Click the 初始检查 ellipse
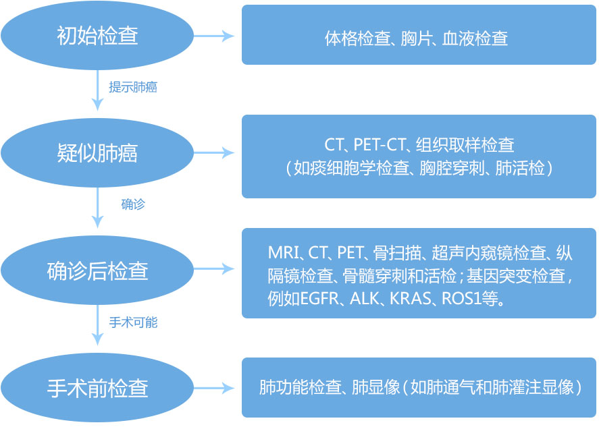click(x=97, y=35)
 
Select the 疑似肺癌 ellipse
click(x=97, y=153)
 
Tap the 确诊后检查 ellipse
click(x=97, y=271)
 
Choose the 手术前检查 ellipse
click(x=97, y=388)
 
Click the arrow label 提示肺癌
click(x=133, y=87)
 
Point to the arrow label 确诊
click(x=133, y=204)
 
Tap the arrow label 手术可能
click(x=133, y=322)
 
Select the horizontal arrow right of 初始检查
click(x=214, y=35)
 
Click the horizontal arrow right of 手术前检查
click(x=214, y=388)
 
